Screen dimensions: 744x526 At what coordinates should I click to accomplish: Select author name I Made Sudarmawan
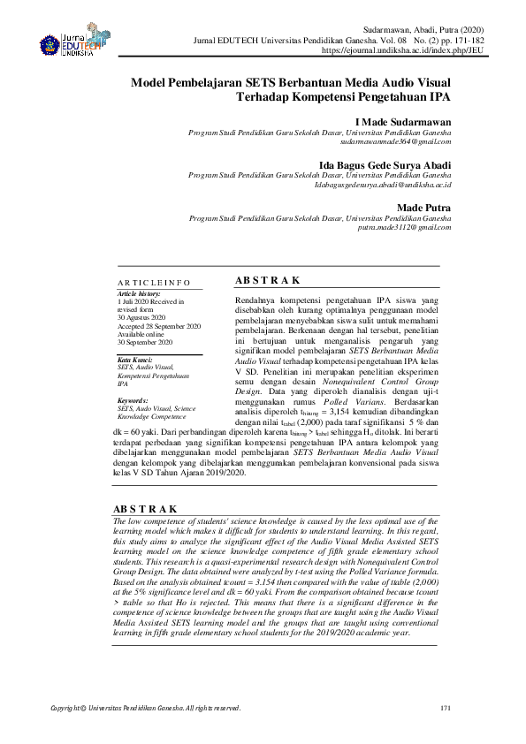click(x=402, y=121)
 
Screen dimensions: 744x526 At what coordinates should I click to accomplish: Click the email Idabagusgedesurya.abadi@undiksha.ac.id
click(x=383, y=185)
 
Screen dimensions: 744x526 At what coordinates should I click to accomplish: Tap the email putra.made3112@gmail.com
click(x=404, y=227)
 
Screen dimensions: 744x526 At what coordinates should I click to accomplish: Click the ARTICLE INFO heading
click(x=154, y=282)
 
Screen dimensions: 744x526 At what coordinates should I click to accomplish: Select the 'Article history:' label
click(x=139, y=293)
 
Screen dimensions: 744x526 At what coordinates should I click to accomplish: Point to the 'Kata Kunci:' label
click(x=135, y=360)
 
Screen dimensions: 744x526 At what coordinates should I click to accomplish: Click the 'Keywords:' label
click(x=133, y=400)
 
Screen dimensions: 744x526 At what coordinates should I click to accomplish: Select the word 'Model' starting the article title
click(x=149, y=82)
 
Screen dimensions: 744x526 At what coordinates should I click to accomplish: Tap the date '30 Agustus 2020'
click(x=142, y=317)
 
